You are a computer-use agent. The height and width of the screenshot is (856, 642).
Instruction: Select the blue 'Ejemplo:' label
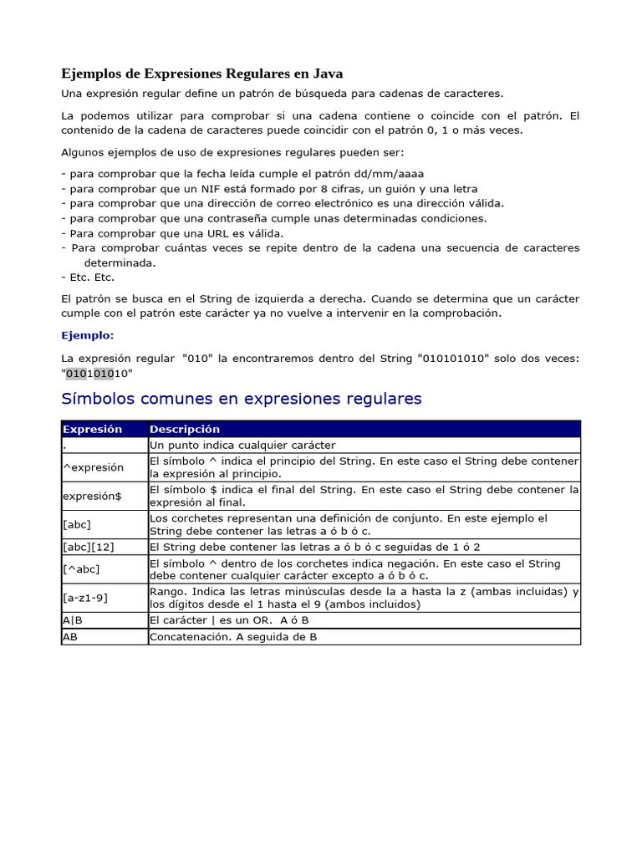(x=87, y=335)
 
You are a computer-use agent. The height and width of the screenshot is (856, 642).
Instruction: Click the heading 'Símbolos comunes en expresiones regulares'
(x=242, y=399)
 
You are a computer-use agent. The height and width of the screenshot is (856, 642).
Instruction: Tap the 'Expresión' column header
(x=92, y=429)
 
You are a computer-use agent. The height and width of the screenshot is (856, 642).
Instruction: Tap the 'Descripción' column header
(x=185, y=429)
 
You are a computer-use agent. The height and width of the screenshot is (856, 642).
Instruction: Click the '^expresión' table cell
(x=93, y=467)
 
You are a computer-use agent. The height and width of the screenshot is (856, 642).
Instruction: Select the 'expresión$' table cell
(x=92, y=496)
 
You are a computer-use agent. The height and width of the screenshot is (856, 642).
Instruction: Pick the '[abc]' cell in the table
(x=77, y=524)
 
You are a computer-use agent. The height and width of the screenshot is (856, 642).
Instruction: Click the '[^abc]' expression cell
(x=80, y=569)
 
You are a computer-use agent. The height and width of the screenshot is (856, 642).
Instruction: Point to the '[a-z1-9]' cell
(x=85, y=598)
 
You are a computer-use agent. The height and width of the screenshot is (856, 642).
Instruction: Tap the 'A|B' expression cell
(x=73, y=620)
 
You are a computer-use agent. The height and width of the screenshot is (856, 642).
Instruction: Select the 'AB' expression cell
(x=70, y=637)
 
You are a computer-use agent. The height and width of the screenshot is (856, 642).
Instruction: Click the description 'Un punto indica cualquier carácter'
(x=242, y=446)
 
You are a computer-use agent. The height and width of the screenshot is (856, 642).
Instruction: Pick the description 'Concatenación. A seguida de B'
(x=233, y=637)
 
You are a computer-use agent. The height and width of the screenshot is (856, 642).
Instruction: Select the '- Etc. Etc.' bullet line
(x=88, y=277)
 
